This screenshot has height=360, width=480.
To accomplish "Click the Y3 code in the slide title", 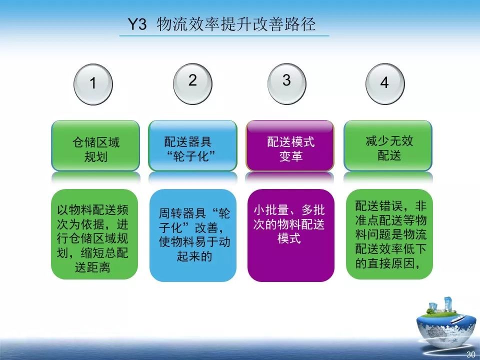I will [x=138, y=25].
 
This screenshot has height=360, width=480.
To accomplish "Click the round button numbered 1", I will [x=93, y=83].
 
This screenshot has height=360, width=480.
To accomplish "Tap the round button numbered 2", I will [x=193, y=81].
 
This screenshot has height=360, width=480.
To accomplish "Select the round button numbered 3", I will [x=286, y=81].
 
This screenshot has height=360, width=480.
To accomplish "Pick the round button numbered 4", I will [x=384, y=83].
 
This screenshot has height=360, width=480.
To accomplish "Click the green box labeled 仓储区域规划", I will [x=96, y=146].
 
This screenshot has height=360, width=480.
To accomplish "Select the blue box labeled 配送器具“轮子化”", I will [x=193, y=146].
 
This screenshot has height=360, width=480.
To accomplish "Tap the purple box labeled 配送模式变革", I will [x=290, y=146].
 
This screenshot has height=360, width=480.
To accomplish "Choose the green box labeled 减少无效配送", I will [x=388, y=146].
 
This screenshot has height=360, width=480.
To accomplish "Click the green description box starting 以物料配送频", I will [x=94, y=233].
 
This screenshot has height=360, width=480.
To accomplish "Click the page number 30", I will [x=470, y=354].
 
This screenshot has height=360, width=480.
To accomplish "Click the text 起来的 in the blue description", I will [x=192, y=257].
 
